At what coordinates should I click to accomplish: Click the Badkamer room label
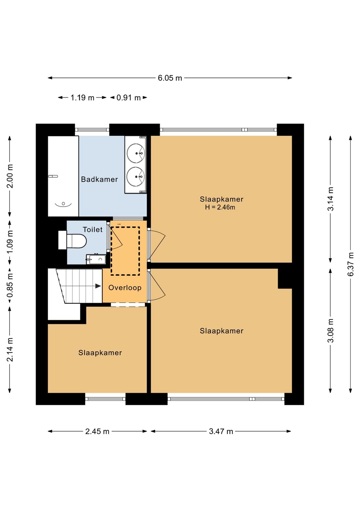tap(99, 179)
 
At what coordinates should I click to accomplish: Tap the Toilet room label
tap(93, 229)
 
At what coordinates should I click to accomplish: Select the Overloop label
tap(125, 288)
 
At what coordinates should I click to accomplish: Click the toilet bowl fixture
tap(77, 241)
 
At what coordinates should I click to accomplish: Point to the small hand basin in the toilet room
tap(96, 259)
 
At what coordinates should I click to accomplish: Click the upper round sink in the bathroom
tap(136, 153)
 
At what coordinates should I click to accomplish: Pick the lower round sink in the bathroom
tap(136, 177)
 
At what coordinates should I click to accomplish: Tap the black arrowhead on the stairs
tap(98, 286)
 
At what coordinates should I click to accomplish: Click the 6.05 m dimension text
tap(170, 78)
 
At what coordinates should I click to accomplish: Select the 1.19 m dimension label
tap(82, 98)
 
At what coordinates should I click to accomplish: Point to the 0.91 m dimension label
tap(129, 98)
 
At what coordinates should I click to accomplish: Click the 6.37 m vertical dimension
tap(351, 264)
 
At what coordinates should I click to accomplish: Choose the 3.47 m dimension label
tap(221, 431)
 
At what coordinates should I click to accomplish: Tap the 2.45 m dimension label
tap(97, 431)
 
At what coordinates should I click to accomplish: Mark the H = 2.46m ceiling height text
tap(220, 207)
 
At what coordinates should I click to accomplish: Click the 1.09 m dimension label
tap(10, 242)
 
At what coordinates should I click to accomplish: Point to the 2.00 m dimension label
tap(10, 176)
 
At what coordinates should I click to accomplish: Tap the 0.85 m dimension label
tap(10, 286)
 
